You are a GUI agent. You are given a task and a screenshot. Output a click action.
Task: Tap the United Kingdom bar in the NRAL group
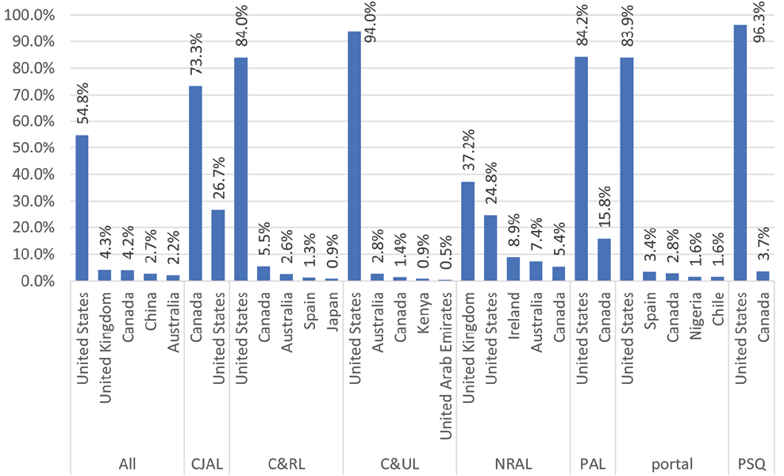(468, 231)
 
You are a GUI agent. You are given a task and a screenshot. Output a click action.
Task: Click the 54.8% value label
(83, 103)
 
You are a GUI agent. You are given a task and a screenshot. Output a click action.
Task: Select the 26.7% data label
(218, 179)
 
